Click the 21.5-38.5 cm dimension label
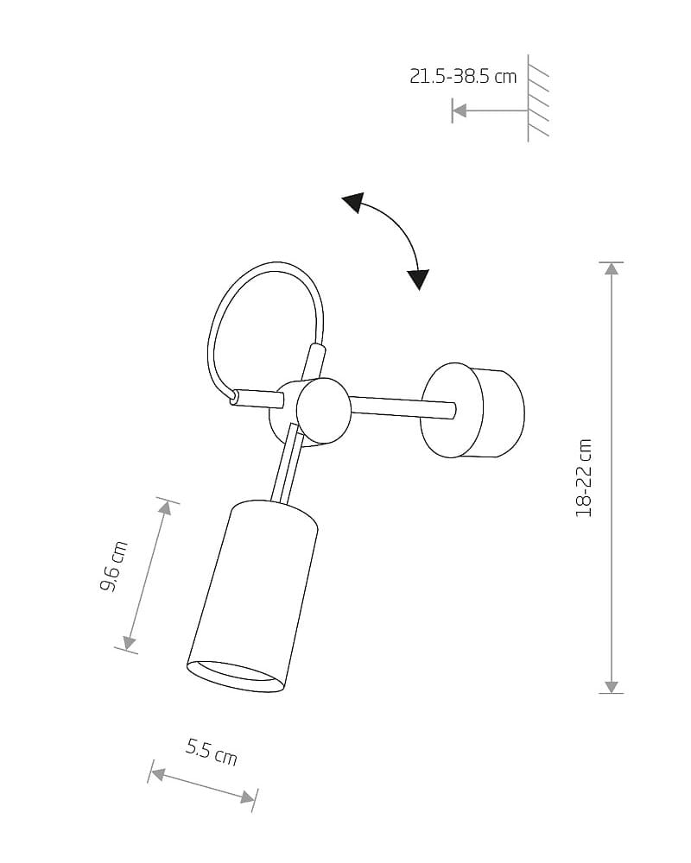pos(463,76)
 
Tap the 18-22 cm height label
pos(584,478)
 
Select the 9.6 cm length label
pos(114,566)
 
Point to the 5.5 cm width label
pos(212,753)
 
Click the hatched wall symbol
pos(538,98)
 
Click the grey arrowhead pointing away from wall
pos(460,110)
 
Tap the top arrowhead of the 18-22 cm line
pos(611,268)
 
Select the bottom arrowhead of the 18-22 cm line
pos(611,687)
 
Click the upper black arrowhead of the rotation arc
pos(354,201)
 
